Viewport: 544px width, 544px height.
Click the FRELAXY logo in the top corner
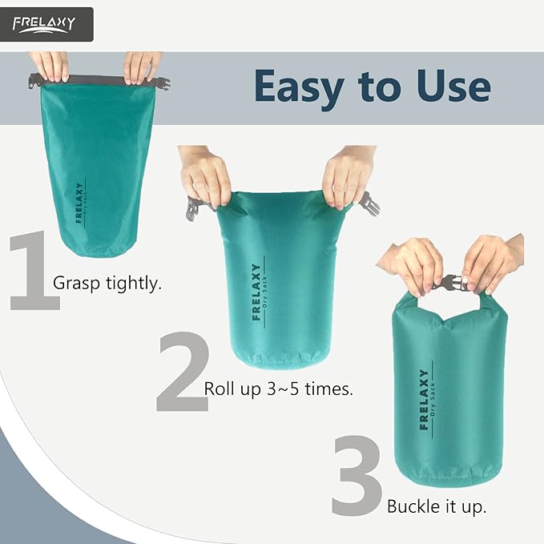47,24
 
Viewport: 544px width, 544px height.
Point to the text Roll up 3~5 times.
279,389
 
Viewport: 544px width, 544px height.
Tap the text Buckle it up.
437,506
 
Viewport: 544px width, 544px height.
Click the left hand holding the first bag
50,66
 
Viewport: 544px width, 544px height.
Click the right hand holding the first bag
142,66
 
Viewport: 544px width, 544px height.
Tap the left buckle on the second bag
193,208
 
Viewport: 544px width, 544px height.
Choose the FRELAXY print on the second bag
256,292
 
